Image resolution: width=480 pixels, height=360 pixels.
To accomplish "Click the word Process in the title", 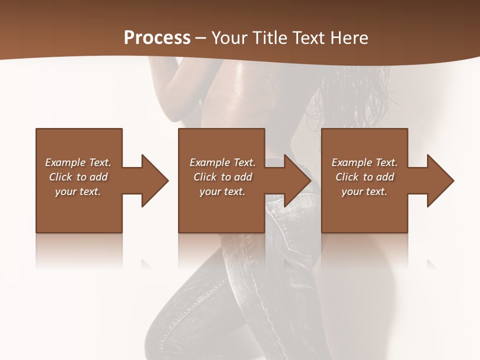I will (x=157, y=38).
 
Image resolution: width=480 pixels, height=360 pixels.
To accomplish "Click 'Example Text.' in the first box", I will (x=78, y=162).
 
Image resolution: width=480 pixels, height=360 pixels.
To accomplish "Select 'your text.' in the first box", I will (x=78, y=191).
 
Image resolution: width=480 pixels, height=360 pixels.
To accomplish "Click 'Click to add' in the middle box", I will (x=222, y=177).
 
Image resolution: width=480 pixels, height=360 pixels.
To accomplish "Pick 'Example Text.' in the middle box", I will (x=222, y=162).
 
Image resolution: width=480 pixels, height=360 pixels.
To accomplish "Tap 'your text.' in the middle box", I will (x=222, y=191).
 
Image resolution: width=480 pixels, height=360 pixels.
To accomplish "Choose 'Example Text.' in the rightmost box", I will (x=364, y=162).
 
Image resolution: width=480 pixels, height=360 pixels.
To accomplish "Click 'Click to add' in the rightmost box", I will (x=364, y=177).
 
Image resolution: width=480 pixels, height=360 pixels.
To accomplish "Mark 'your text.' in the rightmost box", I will (x=364, y=191).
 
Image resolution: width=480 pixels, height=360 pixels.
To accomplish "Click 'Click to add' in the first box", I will (x=78, y=177).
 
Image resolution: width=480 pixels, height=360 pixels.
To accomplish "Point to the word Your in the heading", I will (x=228, y=38).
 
